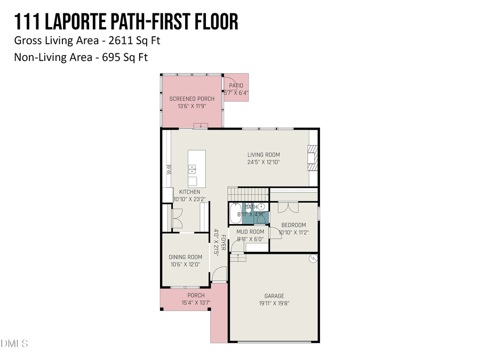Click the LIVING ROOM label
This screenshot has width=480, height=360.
click(x=263, y=155)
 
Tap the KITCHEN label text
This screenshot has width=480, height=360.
click(x=189, y=192)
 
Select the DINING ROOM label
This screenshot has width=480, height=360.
click(x=186, y=257)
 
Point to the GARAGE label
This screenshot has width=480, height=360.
click(x=274, y=296)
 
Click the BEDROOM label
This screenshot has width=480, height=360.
click(x=293, y=225)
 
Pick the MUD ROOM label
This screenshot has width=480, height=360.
click(x=250, y=232)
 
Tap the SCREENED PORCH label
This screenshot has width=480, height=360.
click(x=192, y=99)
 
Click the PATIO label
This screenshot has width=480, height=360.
click(x=236, y=85)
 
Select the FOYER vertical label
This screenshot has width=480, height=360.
click(x=223, y=243)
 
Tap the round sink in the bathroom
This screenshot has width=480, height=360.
click(x=261, y=207)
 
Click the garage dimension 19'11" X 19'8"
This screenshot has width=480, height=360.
click(x=274, y=303)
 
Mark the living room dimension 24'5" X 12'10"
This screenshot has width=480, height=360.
click(x=263, y=162)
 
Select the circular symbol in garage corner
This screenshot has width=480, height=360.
click(x=313, y=259)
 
